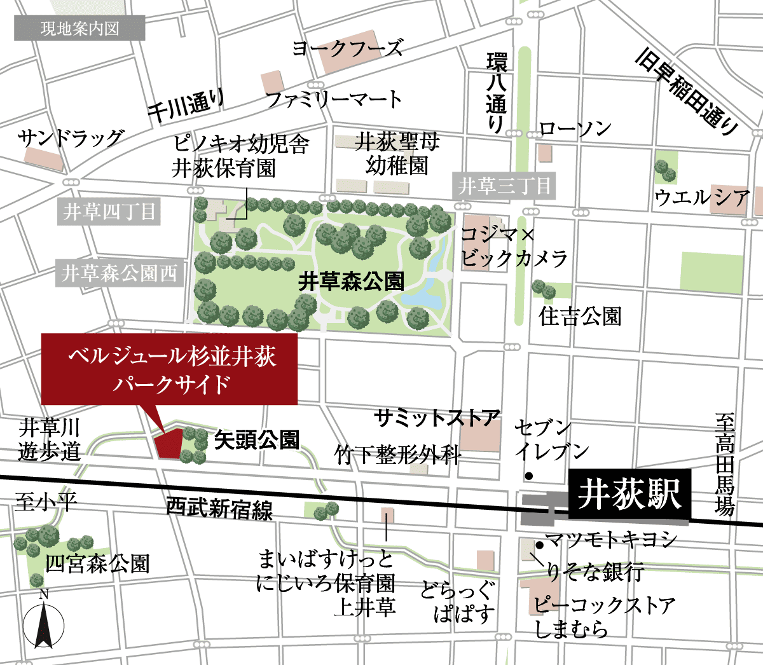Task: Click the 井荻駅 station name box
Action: (x=628, y=494)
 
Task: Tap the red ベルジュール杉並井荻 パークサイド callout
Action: (x=170, y=369)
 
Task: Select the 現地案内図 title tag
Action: (x=79, y=29)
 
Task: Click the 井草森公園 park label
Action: (x=351, y=281)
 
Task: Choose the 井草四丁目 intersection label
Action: (x=109, y=212)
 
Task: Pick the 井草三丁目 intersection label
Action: (x=504, y=186)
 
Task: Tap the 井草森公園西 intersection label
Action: (x=120, y=273)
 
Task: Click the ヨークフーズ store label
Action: (x=347, y=48)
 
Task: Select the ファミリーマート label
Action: (x=334, y=99)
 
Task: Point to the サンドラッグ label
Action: (x=71, y=138)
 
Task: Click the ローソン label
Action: (x=575, y=129)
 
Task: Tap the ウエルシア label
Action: (x=702, y=198)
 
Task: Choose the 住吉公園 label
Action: (x=580, y=316)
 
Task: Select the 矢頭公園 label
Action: (x=257, y=439)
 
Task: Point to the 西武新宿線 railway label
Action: (x=220, y=508)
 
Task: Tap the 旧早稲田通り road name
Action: (x=687, y=93)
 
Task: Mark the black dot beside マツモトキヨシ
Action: (x=539, y=544)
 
